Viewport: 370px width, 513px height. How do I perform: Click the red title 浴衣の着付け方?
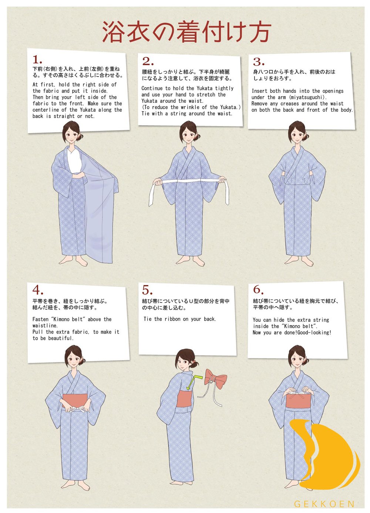(x=186, y=32)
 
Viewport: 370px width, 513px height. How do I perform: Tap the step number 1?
(x=37, y=60)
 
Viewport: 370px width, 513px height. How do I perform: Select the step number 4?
(x=38, y=289)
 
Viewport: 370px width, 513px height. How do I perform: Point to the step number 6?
(x=258, y=290)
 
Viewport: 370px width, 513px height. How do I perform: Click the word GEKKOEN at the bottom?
(x=324, y=504)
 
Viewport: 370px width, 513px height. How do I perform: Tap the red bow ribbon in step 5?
(x=216, y=379)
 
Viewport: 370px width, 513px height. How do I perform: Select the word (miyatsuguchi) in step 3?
(x=307, y=97)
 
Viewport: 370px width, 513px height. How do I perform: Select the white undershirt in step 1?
(x=75, y=161)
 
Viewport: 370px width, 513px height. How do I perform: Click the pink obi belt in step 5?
(x=183, y=398)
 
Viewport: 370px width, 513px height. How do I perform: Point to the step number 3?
(x=258, y=62)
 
